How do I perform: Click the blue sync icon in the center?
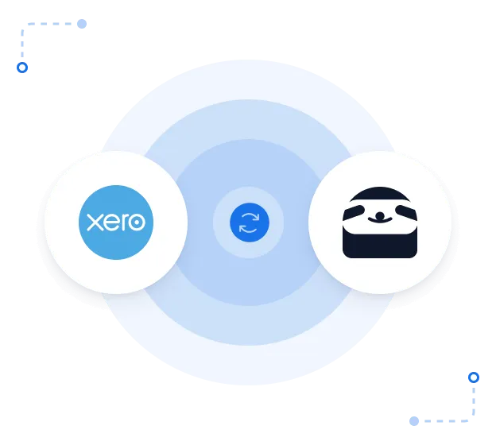(249, 222)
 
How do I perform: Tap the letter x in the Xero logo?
(94, 222)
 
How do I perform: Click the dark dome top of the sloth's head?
(380, 195)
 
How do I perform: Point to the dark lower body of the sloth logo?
(380, 245)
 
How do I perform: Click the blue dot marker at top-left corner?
(22, 68)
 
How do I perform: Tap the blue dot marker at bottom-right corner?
(474, 377)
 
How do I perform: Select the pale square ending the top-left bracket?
(83, 25)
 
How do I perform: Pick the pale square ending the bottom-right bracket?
(413, 419)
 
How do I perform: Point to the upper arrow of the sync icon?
(249, 216)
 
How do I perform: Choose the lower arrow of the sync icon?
(249, 230)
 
